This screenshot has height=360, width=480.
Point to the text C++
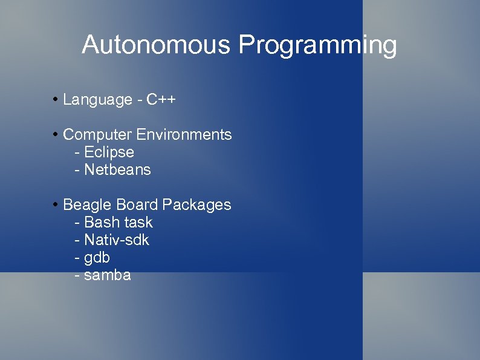(161, 99)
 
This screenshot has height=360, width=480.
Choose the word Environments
(184, 134)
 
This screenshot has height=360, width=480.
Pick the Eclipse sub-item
(109, 152)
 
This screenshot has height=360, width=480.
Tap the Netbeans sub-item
(117, 170)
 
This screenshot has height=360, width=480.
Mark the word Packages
(196, 205)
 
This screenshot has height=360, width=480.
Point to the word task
(138, 223)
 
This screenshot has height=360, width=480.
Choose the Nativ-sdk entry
(116, 240)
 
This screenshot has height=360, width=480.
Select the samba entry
(107, 276)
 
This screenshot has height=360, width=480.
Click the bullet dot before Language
(55, 99)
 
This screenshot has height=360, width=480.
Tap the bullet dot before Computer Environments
(55, 134)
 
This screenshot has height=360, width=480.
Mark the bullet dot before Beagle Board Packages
(55, 205)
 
